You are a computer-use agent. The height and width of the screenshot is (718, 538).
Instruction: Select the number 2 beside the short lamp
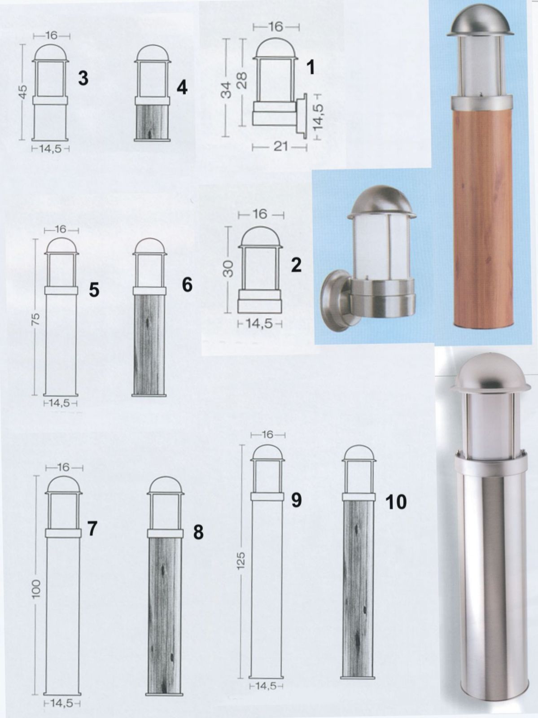point(296,265)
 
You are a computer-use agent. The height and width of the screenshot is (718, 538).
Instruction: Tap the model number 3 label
point(83,79)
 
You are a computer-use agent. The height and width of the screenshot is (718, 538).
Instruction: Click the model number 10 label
point(396,502)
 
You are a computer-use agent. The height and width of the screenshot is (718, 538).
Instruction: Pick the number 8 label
point(198,532)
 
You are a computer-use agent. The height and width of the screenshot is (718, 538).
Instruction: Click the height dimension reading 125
point(241,560)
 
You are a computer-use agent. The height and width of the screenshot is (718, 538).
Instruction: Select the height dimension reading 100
point(37,589)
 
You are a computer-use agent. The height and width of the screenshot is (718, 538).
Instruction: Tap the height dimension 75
point(37,319)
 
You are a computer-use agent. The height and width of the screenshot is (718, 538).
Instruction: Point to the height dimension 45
point(22,91)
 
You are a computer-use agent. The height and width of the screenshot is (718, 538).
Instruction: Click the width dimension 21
point(280,147)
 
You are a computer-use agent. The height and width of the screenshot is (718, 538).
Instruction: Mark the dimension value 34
point(226,90)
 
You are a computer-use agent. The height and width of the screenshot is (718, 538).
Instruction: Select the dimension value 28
point(242,80)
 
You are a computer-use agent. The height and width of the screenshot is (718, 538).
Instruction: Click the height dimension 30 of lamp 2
point(229,269)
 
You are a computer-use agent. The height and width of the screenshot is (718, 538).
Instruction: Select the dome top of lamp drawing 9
point(267,453)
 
